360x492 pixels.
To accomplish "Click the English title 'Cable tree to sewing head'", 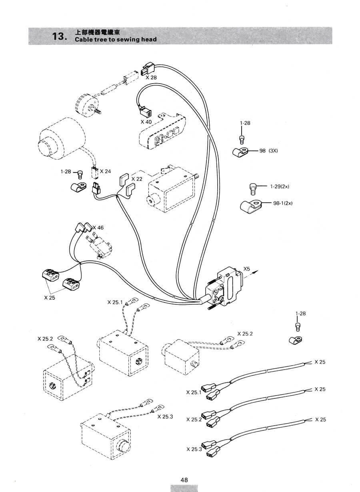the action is [116, 39].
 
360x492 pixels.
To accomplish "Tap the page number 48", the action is [184, 480].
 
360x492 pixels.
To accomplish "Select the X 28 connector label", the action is [151, 77].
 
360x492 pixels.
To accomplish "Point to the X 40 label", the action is [146, 122].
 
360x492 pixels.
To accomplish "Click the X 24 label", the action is [106, 171].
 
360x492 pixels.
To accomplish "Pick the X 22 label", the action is [137, 179].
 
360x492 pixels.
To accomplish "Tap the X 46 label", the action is [98, 228].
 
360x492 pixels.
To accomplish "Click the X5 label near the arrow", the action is [247, 269].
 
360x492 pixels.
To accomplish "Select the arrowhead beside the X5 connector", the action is [256, 272].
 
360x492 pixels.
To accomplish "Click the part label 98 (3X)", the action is [268, 151].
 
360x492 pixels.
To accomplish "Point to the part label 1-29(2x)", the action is [280, 186].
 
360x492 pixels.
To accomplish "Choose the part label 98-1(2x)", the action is [283, 203].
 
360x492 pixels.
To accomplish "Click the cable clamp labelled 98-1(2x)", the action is [250, 206].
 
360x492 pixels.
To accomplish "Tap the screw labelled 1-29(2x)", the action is [252, 189].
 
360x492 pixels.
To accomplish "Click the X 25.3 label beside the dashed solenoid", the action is [165, 417].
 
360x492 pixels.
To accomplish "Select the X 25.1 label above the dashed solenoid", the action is [115, 302].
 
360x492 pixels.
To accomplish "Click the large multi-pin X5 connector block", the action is [224, 287].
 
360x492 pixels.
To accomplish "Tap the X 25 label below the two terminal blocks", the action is [50, 298].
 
